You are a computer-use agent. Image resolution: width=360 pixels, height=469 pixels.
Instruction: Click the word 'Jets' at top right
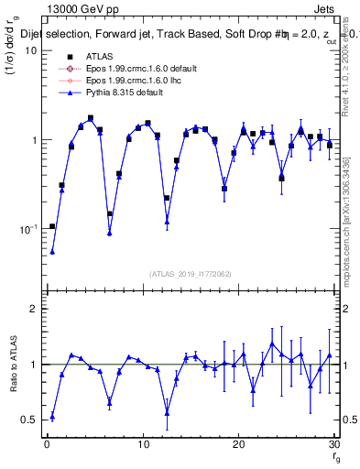point(323,8)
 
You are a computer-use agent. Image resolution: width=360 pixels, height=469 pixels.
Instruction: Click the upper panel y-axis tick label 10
point(31,50)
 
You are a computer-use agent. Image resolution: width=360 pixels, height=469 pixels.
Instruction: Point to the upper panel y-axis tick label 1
point(34,140)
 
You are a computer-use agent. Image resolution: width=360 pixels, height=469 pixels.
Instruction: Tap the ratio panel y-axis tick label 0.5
point(30,420)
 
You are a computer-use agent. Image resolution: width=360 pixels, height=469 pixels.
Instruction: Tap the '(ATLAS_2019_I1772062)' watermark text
point(190,274)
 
